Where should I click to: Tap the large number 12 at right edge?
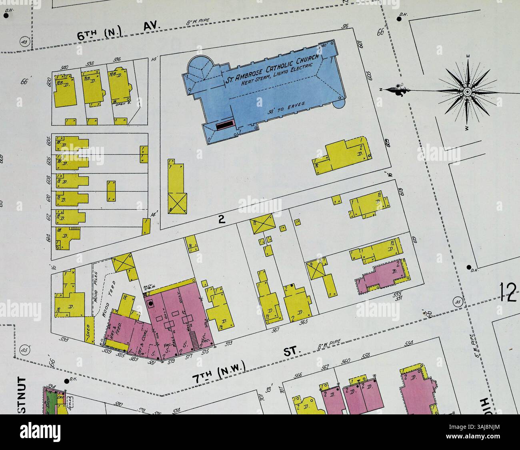[508, 292]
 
